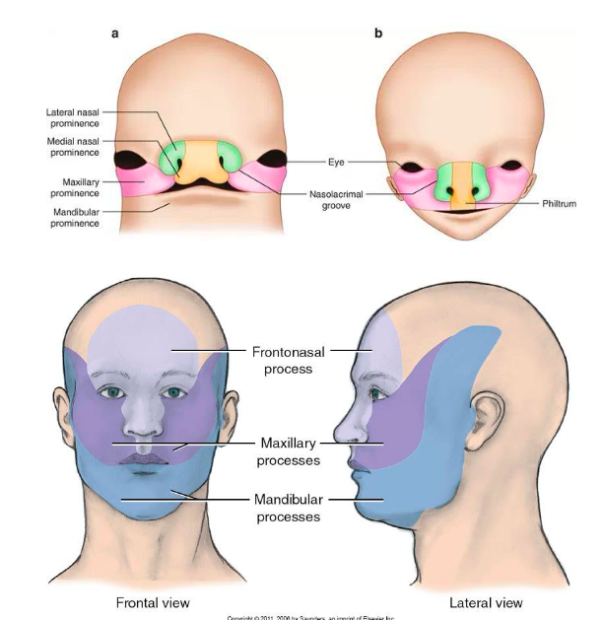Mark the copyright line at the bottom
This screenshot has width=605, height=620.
tap(310, 616)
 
